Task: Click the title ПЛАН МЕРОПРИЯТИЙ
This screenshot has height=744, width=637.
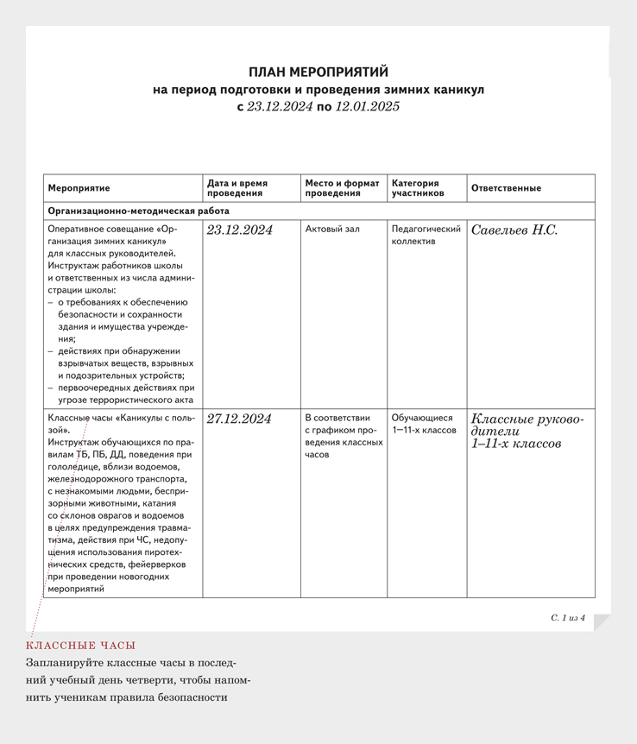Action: click(318, 73)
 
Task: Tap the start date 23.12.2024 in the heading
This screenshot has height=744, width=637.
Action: click(279, 108)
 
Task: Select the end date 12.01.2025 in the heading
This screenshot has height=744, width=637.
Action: click(368, 108)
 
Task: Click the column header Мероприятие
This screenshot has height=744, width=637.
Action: click(79, 188)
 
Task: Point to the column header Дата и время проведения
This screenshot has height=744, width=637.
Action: click(237, 188)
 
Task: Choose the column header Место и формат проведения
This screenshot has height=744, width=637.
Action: click(342, 188)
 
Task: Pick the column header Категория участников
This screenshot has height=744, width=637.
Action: click(415, 188)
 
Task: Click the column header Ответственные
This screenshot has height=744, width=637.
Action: click(506, 188)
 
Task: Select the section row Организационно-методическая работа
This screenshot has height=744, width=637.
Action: click(139, 211)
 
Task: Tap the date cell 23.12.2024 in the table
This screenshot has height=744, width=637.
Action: click(240, 230)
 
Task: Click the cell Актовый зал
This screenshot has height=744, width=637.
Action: click(332, 230)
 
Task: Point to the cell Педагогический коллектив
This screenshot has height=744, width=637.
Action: click(426, 236)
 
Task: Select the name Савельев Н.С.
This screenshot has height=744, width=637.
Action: click(514, 230)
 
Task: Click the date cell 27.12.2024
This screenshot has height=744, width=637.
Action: click(239, 419)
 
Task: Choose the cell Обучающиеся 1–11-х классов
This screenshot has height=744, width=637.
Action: click(424, 424)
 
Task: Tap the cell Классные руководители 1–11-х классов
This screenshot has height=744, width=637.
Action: click(527, 432)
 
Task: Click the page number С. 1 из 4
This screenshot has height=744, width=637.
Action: click(567, 618)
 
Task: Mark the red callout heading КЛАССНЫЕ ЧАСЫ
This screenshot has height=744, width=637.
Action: click(81, 646)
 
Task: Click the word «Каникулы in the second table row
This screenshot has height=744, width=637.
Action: click(140, 418)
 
